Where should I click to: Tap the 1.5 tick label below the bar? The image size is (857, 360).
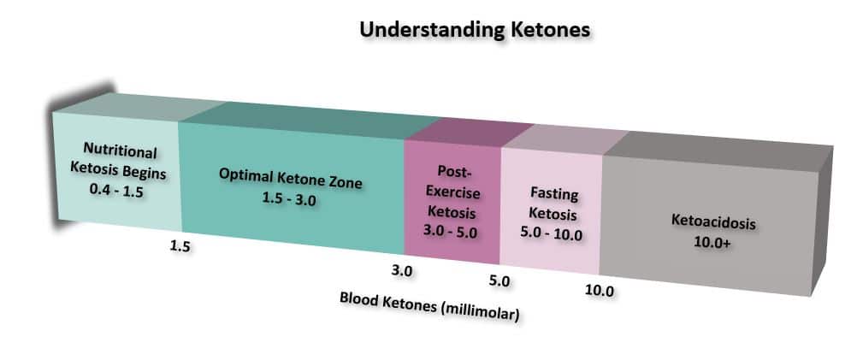180,248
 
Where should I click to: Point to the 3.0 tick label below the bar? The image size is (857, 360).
402,272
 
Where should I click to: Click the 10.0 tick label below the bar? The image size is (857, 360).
600,291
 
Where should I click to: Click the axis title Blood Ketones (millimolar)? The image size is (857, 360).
429,306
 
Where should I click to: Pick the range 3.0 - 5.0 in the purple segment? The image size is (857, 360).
450,231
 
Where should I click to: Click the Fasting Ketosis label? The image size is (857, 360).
551,205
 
